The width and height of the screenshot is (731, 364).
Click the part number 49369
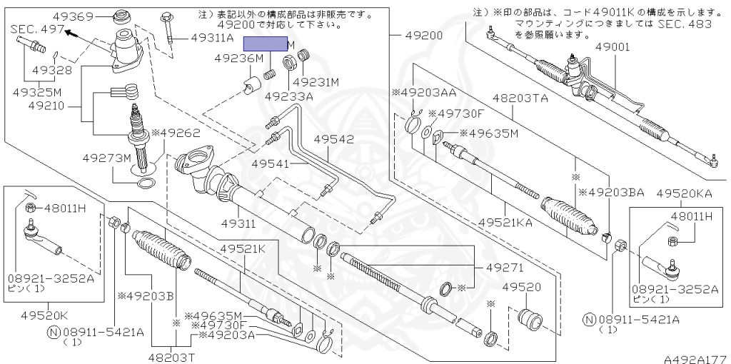[73, 16]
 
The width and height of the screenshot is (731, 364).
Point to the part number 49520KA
[685, 193]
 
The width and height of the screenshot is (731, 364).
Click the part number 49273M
[107, 157]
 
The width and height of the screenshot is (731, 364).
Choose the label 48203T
[172, 355]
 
